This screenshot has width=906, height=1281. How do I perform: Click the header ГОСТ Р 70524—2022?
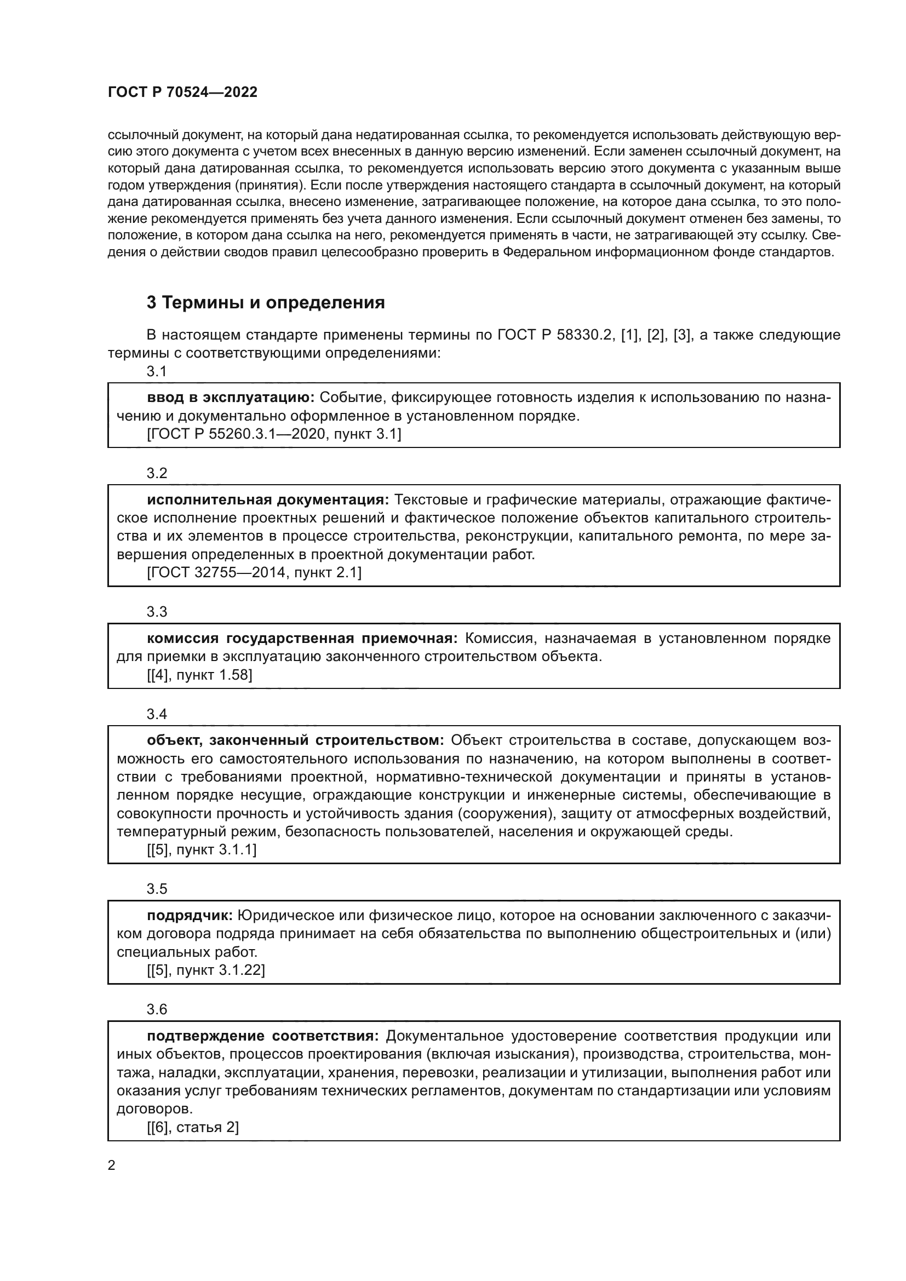click(182, 93)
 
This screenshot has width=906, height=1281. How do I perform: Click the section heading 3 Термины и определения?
click(266, 302)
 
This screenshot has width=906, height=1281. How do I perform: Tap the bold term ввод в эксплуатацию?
click(231, 397)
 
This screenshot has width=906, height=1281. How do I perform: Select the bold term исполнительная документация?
click(268, 499)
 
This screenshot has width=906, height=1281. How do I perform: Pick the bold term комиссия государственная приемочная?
click(302, 637)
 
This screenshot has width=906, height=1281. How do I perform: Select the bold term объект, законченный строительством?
click(295, 740)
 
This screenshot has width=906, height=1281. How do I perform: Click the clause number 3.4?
click(157, 714)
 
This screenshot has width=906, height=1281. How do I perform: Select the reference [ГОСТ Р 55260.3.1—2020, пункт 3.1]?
click(274, 434)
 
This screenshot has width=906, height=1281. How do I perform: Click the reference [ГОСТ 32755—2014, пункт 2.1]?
click(254, 572)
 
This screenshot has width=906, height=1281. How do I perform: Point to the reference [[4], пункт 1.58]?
click(199, 675)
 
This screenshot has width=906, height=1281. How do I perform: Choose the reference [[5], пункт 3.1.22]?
click(206, 970)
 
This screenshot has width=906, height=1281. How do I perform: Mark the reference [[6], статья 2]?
click(192, 1127)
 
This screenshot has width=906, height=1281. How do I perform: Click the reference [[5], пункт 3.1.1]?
click(202, 850)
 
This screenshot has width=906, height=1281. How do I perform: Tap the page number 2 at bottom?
click(112, 1165)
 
